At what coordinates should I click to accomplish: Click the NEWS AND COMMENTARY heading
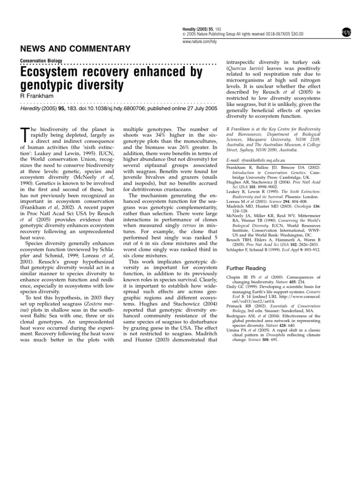74,49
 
